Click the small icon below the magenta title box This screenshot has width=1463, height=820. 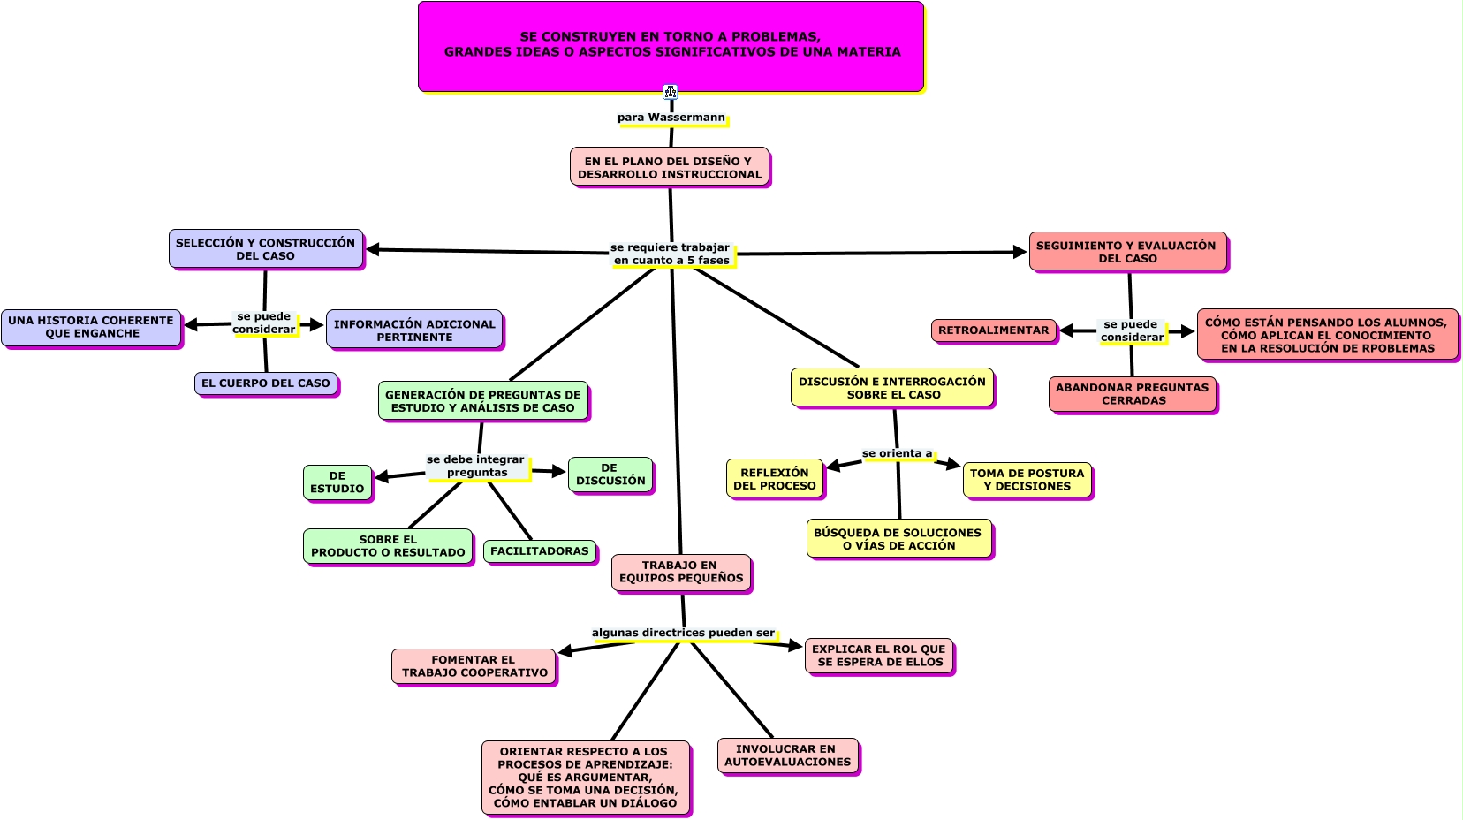click(x=671, y=92)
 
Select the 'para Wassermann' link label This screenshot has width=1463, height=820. click(x=671, y=118)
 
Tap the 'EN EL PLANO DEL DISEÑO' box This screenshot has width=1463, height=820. click(x=670, y=167)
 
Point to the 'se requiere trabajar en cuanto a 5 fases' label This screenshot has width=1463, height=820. click(x=671, y=254)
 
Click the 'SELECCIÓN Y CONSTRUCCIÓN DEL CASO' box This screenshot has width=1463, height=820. click(x=266, y=249)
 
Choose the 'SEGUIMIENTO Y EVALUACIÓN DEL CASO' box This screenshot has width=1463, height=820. click(x=1127, y=252)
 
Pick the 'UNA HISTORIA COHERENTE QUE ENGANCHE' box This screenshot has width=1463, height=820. click(x=92, y=327)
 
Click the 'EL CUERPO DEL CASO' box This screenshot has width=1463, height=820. click(x=266, y=383)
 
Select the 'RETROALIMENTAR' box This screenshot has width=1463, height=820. click(x=994, y=330)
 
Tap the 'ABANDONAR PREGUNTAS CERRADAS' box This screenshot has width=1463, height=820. click(x=1133, y=394)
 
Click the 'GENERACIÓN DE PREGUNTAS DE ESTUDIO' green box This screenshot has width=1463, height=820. click(x=483, y=401)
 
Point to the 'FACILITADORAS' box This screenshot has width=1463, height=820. click(x=540, y=551)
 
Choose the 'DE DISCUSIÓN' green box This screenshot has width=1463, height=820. click(x=610, y=475)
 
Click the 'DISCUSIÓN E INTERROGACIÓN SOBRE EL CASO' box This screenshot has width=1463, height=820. click(x=892, y=388)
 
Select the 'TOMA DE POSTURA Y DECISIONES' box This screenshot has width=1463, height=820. click(x=1027, y=480)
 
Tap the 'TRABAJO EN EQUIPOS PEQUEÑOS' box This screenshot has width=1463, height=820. click(x=681, y=572)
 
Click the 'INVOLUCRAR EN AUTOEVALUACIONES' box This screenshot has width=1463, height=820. click(x=788, y=755)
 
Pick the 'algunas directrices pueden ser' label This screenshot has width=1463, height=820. click(x=683, y=633)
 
